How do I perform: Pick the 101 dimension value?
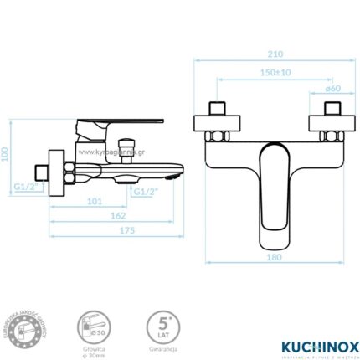click(x=93, y=202)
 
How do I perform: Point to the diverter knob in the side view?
click(x=127, y=150)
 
